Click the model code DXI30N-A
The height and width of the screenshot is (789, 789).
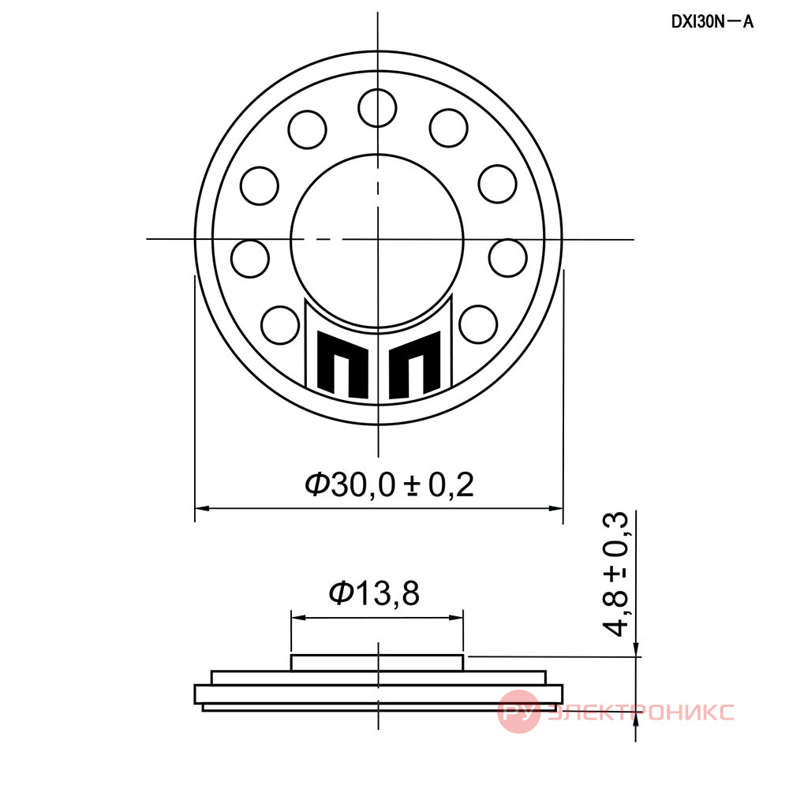712,22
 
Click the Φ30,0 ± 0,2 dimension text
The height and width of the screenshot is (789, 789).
390,484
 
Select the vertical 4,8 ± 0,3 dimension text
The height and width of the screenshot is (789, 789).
615,574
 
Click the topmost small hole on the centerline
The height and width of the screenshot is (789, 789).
377,108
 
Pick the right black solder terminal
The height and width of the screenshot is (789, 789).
415,363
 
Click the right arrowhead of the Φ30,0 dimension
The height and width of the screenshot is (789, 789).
555,508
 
